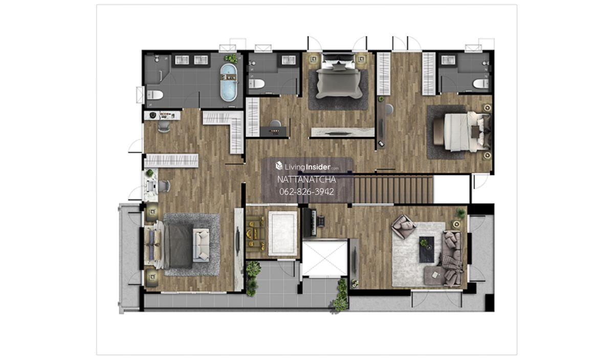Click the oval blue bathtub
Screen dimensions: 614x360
click(x=229, y=82)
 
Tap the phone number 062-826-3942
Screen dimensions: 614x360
click(x=306, y=192)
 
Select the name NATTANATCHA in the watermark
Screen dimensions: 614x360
click(x=306, y=179)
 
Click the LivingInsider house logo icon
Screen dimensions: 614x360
click(x=279, y=166)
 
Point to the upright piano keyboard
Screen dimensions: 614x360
click(x=310, y=222)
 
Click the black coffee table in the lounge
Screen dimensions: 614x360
click(x=427, y=250)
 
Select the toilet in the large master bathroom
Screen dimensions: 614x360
click(x=155, y=95)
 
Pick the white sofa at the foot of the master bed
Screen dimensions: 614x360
click(x=201, y=245)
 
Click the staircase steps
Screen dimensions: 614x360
click(x=393, y=190)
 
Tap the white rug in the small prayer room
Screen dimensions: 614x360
click(x=282, y=233)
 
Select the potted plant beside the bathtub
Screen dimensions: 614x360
click(x=231, y=58)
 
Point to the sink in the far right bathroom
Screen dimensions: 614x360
click(x=448, y=60)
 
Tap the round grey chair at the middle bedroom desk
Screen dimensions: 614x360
click(x=275, y=124)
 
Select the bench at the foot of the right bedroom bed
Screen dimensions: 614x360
click(x=438, y=131)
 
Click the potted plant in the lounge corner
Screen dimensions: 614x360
click(x=461, y=213)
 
